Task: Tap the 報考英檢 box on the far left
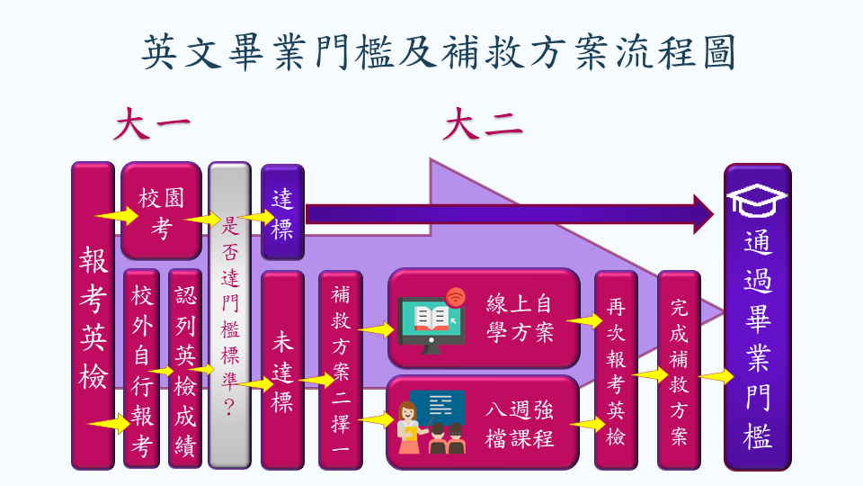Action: (93, 315)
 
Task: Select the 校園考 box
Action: (161, 211)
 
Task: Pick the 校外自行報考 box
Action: (142, 369)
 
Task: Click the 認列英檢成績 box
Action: (185, 369)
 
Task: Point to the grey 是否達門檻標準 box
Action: (229, 315)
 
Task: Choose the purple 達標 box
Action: (282, 212)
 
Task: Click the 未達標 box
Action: (282, 370)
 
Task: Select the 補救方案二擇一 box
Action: (341, 370)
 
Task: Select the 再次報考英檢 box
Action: (616, 370)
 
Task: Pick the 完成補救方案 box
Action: (679, 370)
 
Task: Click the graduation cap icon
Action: (757, 199)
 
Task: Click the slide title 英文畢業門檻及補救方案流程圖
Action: (439, 51)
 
